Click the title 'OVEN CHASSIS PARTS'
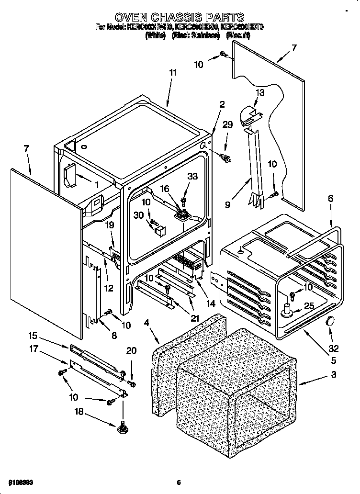pyautogui.click(x=179, y=18)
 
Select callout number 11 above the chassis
pyautogui.click(x=172, y=72)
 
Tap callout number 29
pyautogui.click(x=228, y=125)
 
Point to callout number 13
pyautogui.click(x=259, y=92)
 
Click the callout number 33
pyautogui.click(x=192, y=177)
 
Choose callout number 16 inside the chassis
pyautogui.click(x=165, y=189)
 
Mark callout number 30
pyautogui.click(x=139, y=215)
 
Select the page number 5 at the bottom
pyautogui.click(x=179, y=482)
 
